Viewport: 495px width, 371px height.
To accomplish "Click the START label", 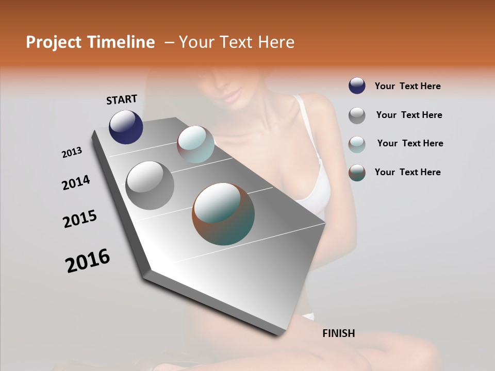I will click(122, 99).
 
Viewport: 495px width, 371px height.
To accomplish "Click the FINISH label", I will click(338, 333).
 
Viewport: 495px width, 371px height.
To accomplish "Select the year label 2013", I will click(72, 153).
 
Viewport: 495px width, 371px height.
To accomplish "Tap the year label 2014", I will click(76, 182).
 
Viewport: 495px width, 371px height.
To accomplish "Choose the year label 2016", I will click(88, 261).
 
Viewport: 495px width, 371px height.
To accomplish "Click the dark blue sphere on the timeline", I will click(126, 127).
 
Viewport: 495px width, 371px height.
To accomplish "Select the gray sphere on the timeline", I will click(150, 185).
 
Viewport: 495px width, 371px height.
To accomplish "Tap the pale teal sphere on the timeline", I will click(195, 144).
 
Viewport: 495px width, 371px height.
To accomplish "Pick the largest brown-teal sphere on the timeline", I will click(223, 214).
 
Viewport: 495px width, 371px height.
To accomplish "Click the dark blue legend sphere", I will click(357, 86).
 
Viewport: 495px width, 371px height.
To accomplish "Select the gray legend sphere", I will click(357, 115).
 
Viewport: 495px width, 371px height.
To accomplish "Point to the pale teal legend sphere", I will click(357, 144).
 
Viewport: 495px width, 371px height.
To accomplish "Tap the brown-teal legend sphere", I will click(357, 173).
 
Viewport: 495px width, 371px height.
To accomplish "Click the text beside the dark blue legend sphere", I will click(407, 86).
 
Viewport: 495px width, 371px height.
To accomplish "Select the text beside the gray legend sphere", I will click(409, 115).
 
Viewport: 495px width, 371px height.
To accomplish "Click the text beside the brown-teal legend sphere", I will click(407, 172).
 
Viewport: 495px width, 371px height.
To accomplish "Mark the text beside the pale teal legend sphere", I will click(410, 143).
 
